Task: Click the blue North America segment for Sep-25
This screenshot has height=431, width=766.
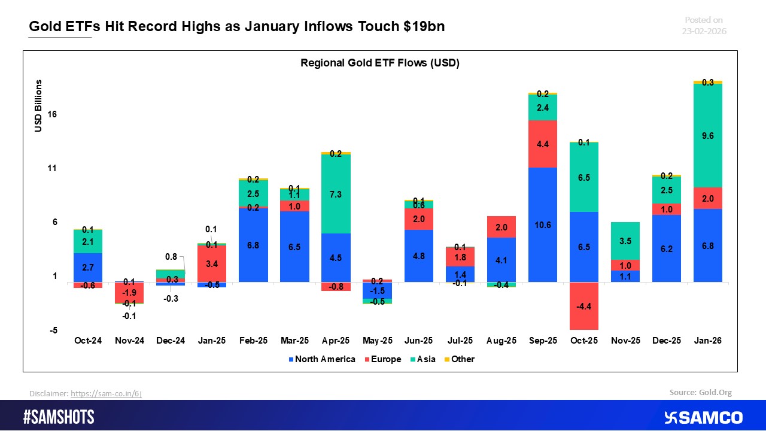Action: tap(542, 224)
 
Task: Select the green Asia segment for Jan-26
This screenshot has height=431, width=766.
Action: tap(708, 136)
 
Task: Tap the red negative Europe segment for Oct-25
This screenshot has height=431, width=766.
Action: tap(583, 306)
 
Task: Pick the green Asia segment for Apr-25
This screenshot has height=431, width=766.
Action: tap(336, 194)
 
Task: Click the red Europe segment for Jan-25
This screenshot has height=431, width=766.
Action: tap(212, 263)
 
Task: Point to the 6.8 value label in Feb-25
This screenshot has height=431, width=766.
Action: tap(253, 245)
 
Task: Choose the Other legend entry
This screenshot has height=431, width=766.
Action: tap(458, 359)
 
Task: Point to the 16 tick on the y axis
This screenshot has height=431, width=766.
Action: tap(51, 115)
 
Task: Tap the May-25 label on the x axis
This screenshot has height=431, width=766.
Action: tap(377, 341)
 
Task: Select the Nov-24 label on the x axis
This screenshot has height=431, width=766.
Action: tap(129, 341)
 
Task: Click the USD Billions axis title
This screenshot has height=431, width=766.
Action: tap(39, 105)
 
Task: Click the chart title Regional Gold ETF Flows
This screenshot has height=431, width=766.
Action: tap(379, 63)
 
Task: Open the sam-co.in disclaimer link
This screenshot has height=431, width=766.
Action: tap(106, 393)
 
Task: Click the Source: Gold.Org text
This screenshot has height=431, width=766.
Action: tap(700, 393)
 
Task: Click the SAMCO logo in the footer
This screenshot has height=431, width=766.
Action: tap(703, 417)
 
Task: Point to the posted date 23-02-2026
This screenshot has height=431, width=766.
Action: tap(704, 31)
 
